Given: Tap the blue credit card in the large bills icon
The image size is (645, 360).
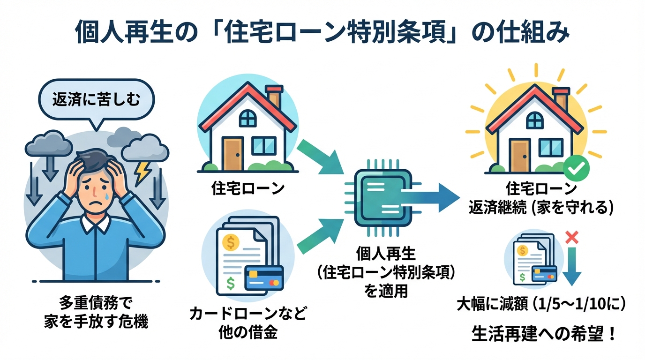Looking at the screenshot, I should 264,277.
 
